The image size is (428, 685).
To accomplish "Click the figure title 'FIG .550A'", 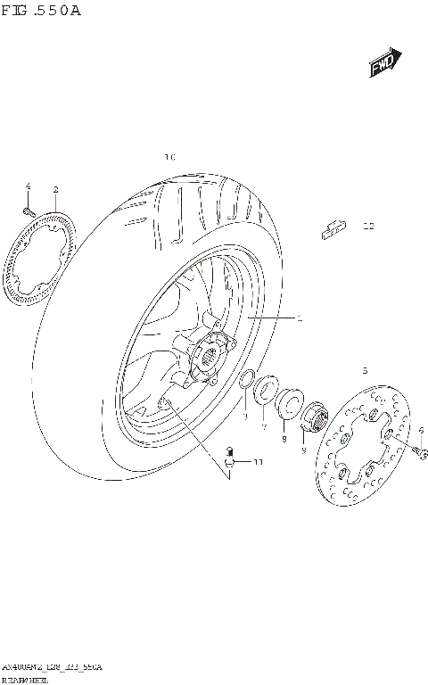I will click(42, 10).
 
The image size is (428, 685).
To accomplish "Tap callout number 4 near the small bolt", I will click(28, 186).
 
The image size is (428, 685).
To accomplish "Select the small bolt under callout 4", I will click(27, 211).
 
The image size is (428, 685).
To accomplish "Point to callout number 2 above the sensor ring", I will click(55, 190).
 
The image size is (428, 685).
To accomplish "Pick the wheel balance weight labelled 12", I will click(332, 229).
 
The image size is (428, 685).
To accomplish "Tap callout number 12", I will click(367, 227).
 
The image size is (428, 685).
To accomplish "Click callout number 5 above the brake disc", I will click(364, 369).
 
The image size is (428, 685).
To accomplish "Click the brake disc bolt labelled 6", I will click(419, 454).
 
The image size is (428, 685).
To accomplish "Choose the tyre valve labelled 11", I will click(231, 457).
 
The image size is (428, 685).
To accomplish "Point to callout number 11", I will click(258, 462).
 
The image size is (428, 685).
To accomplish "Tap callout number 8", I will click(284, 439).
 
